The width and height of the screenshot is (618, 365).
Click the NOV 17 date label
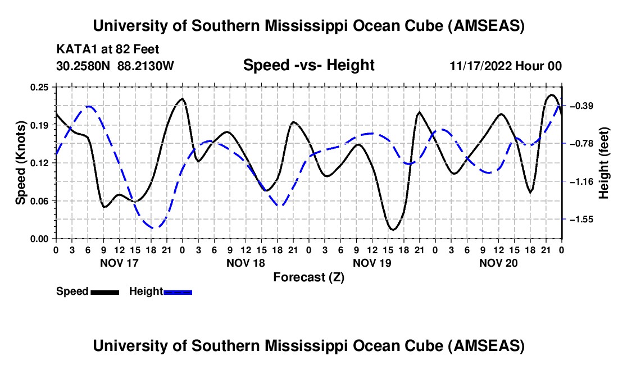coord(119,263)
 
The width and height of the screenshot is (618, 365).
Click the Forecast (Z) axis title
coord(308,277)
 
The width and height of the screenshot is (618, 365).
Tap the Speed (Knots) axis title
coord(21,162)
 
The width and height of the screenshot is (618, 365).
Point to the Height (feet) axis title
coord(604,163)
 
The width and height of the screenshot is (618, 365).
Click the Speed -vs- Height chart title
coord(308,66)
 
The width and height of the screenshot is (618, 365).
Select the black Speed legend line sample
coord(104,291)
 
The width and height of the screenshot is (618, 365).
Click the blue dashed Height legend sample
coord(178,291)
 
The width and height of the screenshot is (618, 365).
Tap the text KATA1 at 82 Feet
coord(104,49)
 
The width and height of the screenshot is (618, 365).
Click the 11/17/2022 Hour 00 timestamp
coord(506,66)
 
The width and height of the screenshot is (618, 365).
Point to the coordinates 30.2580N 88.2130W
coord(116,66)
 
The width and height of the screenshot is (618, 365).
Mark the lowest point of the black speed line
coord(393,230)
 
